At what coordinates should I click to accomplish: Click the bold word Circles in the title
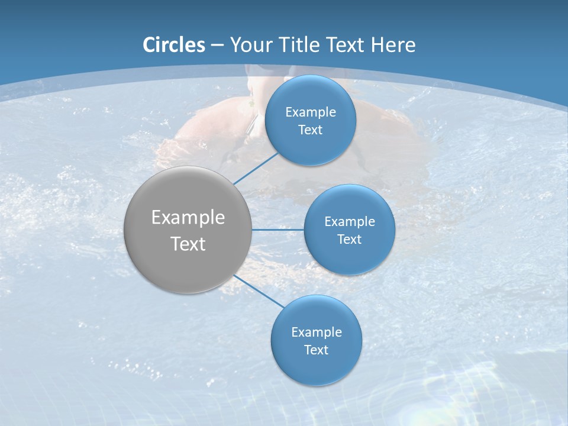point(174,45)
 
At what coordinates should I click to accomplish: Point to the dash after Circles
point(217,46)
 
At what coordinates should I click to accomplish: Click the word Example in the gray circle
point(188,218)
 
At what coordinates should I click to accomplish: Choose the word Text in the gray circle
point(188,244)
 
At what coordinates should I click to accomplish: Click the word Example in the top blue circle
point(311,112)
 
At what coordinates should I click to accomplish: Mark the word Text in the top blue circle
point(311,130)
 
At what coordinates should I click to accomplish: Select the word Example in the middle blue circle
point(350,221)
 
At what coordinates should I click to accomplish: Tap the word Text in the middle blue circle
point(350,239)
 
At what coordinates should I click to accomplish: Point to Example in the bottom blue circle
point(317,332)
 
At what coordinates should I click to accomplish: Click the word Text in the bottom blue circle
point(317,350)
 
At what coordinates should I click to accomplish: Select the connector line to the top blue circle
point(256,168)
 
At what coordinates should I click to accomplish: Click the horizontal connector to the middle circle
point(277,230)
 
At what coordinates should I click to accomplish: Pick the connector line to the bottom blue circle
point(259,291)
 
